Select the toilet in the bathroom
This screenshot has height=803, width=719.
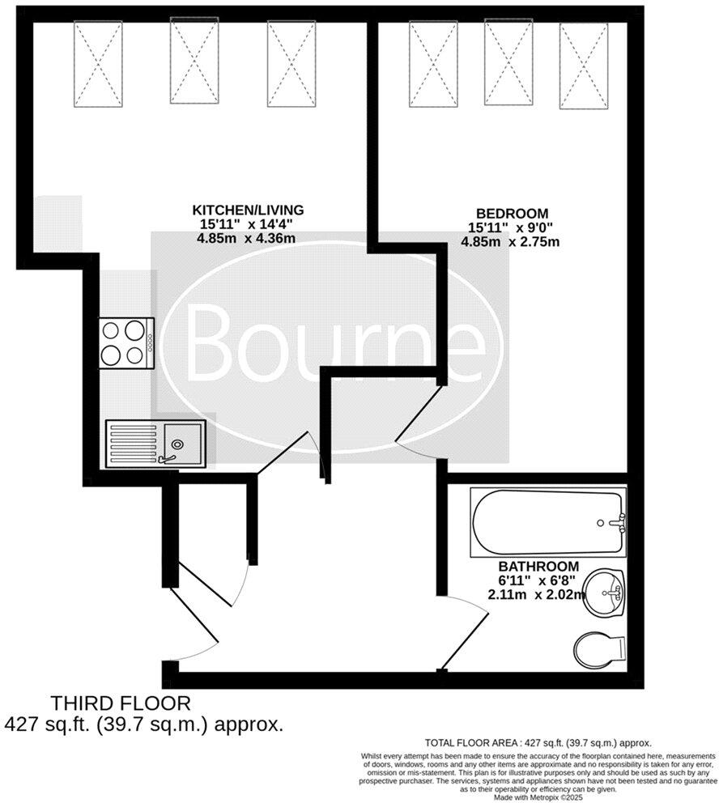[600, 648]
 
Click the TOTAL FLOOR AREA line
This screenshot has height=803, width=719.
[538, 742]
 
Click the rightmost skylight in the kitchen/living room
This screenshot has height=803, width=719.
[291, 63]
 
